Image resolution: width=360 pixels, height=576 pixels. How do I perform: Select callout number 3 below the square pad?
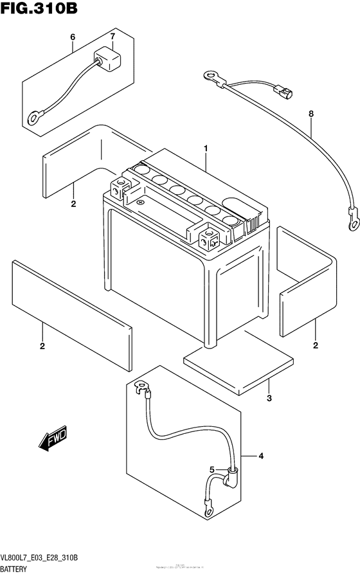(x=269, y=399)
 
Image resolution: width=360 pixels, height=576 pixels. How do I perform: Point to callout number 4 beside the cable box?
(x=261, y=456)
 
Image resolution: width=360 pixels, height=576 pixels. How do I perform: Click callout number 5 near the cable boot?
(x=213, y=469)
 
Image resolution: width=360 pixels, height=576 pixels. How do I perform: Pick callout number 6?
(x=73, y=37)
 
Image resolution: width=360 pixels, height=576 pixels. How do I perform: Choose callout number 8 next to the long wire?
(x=311, y=114)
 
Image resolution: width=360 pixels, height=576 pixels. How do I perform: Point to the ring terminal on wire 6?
(x=32, y=117)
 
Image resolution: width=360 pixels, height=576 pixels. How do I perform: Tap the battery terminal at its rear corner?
(x=120, y=188)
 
